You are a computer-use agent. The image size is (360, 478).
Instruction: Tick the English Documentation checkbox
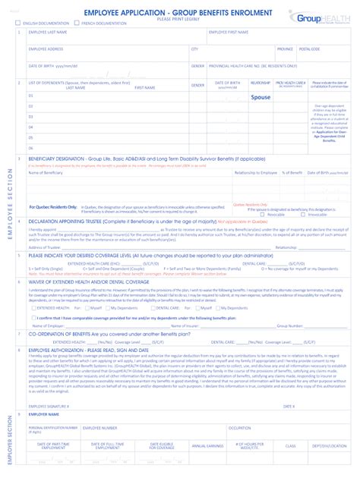18,24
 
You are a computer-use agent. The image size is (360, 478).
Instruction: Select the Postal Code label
310,49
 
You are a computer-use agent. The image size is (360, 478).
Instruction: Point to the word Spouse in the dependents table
261,97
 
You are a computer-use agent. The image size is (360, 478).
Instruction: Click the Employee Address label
46,49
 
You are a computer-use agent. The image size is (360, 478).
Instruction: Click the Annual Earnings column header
207,446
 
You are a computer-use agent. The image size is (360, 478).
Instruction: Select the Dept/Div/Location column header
324,446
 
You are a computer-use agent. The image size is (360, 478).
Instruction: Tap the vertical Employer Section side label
10,440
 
